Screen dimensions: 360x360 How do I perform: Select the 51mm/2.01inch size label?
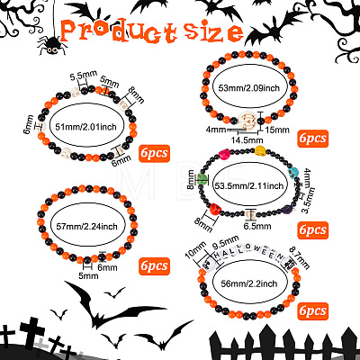click(x=85, y=127)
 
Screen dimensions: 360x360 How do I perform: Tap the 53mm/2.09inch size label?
click(x=249, y=88)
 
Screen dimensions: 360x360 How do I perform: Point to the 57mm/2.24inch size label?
click(x=87, y=226)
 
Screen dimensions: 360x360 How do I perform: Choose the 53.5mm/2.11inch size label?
click(x=249, y=186)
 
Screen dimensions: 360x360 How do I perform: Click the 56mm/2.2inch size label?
click(x=249, y=283)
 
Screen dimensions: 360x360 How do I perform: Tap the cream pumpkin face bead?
click(x=247, y=121)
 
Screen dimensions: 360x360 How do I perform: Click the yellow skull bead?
click(x=260, y=150)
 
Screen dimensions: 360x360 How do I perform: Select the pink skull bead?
click(x=224, y=155)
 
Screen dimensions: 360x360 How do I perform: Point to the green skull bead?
click(x=202, y=180)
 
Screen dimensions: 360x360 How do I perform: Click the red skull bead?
click(x=214, y=209)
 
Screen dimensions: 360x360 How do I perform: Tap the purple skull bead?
click(x=288, y=209)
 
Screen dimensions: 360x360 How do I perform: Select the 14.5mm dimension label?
click(x=247, y=140)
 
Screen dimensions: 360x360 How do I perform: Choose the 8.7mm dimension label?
click(x=299, y=257)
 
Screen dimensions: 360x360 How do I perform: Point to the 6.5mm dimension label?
click(x=257, y=226)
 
